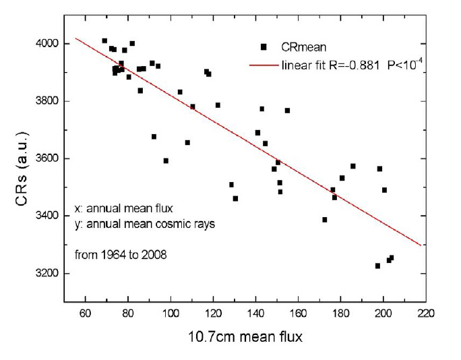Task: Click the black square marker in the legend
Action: (264, 47)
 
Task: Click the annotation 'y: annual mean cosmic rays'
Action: (144, 224)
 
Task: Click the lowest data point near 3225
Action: (377, 266)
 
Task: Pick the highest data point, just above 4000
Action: (104, 41)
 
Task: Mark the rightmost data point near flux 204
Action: (392, 258)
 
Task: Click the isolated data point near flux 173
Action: (325, 220)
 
